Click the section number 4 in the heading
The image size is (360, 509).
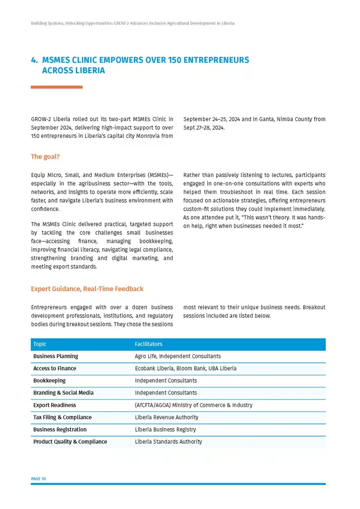click(x=34, y=60)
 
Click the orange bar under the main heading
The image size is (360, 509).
click(x=57, y=87)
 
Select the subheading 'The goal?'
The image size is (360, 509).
click(x=45, y=157)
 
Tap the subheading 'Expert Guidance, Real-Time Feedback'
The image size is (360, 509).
click(x=87, y=289)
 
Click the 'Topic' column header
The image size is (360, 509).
click(x=41, y=344)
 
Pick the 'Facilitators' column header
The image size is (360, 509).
click(x=148, y=344)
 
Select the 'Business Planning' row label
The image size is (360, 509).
click(x=56, y=356)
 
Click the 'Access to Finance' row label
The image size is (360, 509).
click(x=54, y=369)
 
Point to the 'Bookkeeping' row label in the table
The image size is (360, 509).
click(x=49, y=381)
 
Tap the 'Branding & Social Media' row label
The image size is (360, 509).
click(x=63, y=393)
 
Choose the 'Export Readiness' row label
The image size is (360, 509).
click(x=54, y=405)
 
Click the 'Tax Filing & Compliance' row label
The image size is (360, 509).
click(x=63, y=417)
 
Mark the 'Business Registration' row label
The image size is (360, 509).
click(x=60, y=430)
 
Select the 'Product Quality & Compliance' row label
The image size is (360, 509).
click(x=70, y=442)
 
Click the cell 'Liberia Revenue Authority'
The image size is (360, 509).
click(x=167, y=417)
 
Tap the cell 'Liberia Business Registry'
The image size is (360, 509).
click(x=165, y=430)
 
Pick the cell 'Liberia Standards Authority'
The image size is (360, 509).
click(x=169, y=442)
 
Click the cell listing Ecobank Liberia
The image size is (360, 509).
click(x=185, y=369)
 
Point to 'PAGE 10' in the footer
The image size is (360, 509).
click(x=39, y=479)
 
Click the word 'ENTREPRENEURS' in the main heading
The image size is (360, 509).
click(x=216, y=60)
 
